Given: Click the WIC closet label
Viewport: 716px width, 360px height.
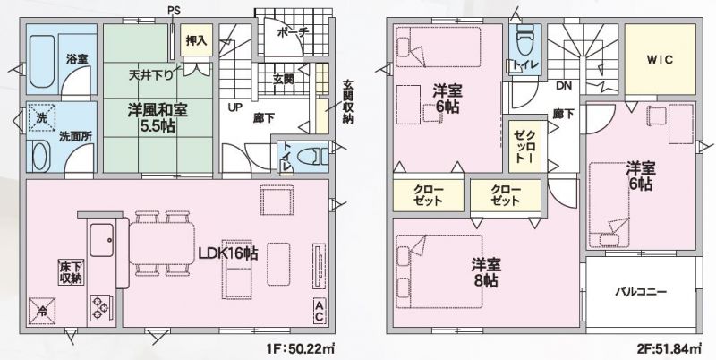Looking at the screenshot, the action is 660,60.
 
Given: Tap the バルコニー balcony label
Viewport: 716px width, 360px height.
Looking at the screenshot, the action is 641,292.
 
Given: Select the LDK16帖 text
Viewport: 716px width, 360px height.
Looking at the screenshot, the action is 228,253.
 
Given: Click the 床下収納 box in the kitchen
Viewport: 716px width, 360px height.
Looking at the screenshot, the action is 72,272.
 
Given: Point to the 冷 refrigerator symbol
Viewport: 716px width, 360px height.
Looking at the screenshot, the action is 42,312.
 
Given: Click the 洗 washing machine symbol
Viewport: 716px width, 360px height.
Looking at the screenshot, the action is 41,117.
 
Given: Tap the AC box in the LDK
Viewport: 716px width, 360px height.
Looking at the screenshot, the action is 319,311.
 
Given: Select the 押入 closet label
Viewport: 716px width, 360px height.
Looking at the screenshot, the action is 197,40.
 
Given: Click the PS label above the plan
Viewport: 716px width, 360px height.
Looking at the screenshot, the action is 174,10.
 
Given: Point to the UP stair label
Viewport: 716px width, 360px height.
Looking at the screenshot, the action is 235,107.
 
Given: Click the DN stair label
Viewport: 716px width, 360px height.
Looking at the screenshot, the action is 564,85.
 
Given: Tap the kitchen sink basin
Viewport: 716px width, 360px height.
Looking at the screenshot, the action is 101,240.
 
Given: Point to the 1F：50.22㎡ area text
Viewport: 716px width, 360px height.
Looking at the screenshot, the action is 301,349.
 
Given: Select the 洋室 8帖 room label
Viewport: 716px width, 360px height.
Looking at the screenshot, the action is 486,272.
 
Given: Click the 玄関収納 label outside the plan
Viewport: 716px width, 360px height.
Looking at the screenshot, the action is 348,104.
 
